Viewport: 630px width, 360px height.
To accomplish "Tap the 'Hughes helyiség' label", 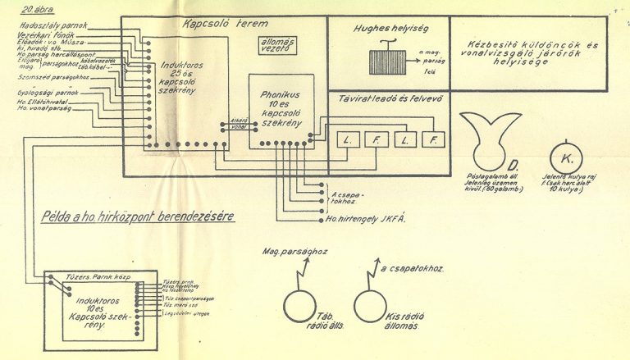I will [x=379, y=27].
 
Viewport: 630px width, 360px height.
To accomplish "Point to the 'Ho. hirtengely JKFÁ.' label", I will [x=367, y=218].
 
